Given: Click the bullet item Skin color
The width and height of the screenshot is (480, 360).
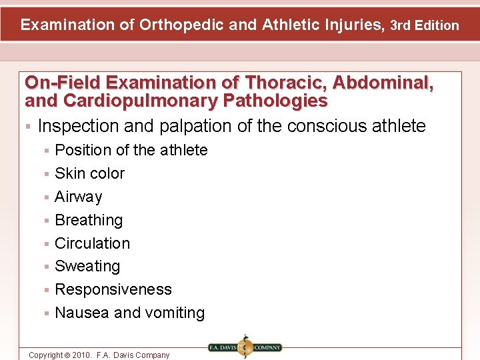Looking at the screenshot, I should click(89, 174).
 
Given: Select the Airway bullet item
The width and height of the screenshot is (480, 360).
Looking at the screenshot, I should click(78, 197).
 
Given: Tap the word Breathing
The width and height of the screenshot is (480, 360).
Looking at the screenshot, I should click(89, 221).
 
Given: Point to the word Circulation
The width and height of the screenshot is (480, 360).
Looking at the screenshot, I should click(92, 243).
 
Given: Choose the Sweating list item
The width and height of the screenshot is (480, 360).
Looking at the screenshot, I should click(87, 267).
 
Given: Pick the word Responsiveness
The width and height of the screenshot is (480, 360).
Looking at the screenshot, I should click(113, 290).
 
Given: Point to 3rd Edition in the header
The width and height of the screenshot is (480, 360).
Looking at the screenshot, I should click(425, 26).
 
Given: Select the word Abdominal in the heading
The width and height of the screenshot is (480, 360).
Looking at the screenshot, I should click(383, 83).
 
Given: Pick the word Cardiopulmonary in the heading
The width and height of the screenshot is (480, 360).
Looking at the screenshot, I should click(140, 101).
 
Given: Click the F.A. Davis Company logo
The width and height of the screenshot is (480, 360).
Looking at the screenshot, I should click(245, 347).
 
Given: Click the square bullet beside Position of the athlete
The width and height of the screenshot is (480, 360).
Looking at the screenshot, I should click(47, 151).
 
